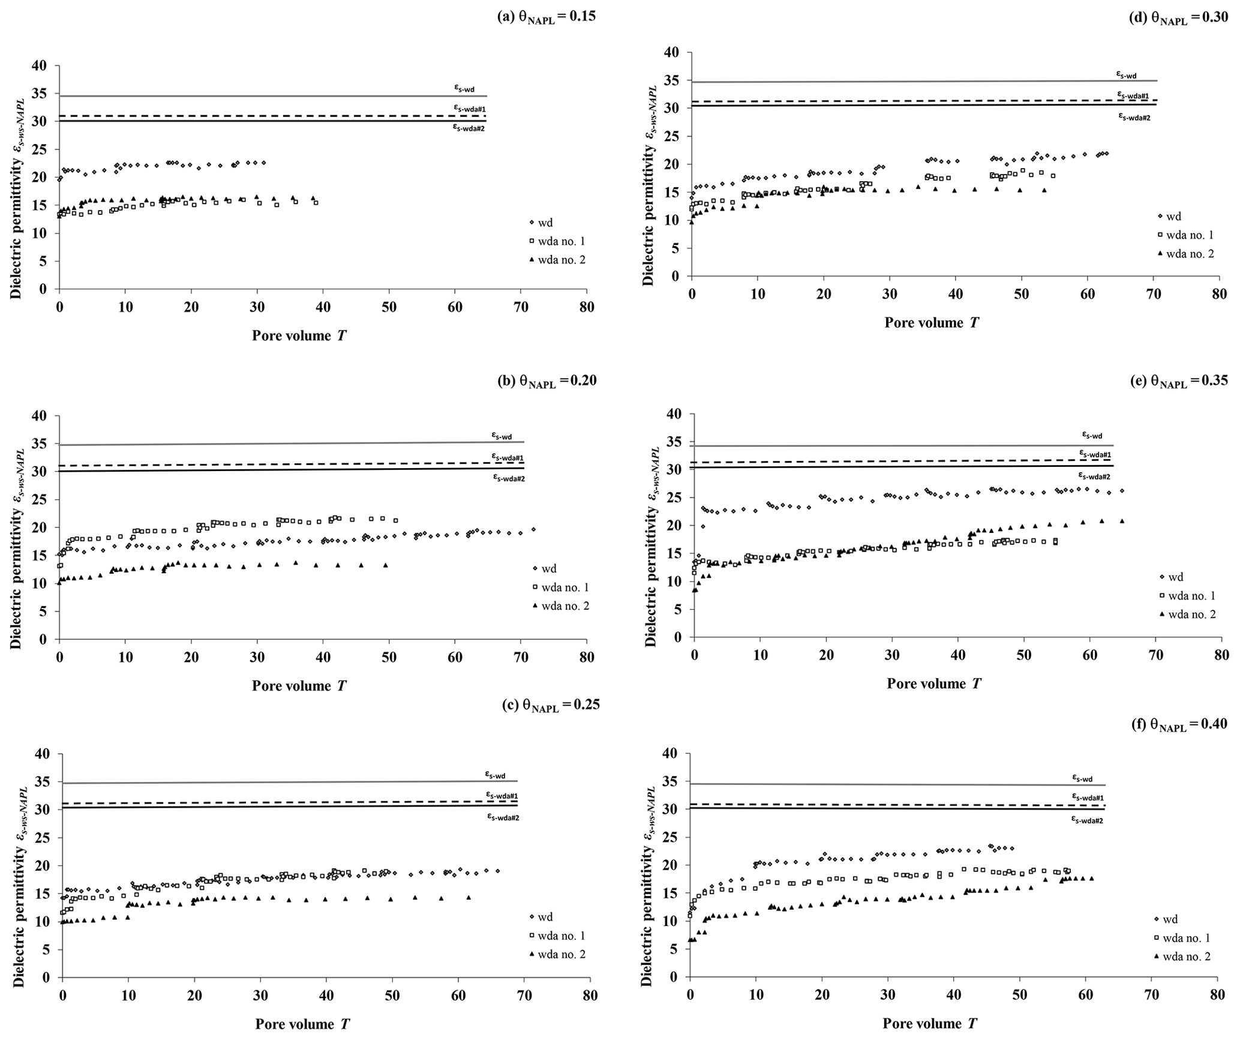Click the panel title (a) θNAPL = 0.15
(547, 17)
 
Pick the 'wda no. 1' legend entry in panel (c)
(562, 936)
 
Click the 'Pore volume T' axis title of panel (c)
(302, 1024)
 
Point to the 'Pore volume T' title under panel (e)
(934, 684)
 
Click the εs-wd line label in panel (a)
(464, 88)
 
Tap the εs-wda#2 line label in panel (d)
(1134, 117)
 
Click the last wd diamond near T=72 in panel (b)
(533, 529)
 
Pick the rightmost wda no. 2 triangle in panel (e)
(1122, 521)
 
